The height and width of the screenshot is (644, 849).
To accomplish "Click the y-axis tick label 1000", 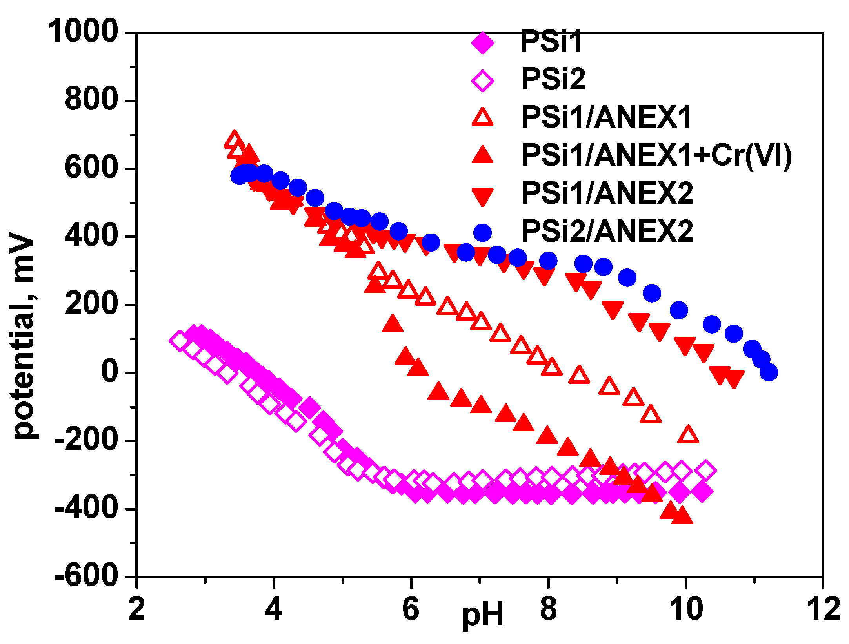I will pyautogui.click(x=83, y=31).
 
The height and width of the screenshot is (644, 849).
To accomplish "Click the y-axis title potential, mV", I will pyautogui.click(x=24, y=336).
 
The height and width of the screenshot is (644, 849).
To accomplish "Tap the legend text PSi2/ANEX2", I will pyautogui.click(x=607, y=231).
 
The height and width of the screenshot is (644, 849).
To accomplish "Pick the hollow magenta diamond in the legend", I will pyautogui.click(x=483, y=80).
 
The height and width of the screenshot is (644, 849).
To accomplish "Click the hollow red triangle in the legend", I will pyautogui.click(x=483, y=118).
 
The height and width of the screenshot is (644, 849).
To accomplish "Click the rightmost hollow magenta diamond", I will pyautogui.click(x=705, y=470).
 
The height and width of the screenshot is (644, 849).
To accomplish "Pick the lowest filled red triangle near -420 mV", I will pyautogui.click(x=682, y=516).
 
